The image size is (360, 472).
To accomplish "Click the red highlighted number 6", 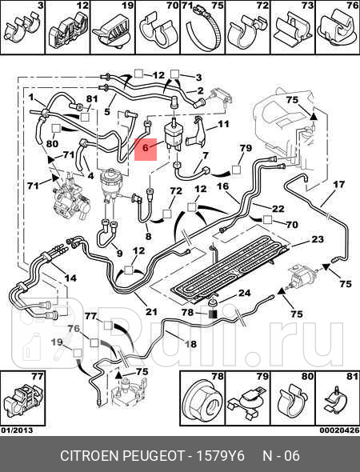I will pos(145,147).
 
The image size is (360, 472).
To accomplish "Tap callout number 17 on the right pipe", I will pos(338,185).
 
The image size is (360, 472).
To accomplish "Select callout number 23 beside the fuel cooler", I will pos(317,239).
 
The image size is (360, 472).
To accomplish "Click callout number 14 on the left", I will pos(70,278).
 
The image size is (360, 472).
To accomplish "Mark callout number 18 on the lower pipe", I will pos(190,344).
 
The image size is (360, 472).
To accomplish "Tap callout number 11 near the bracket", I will pos(223,125).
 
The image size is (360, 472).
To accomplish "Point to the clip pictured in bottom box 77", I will pos(21,398).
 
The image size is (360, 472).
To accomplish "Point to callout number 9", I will pos(118,254).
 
